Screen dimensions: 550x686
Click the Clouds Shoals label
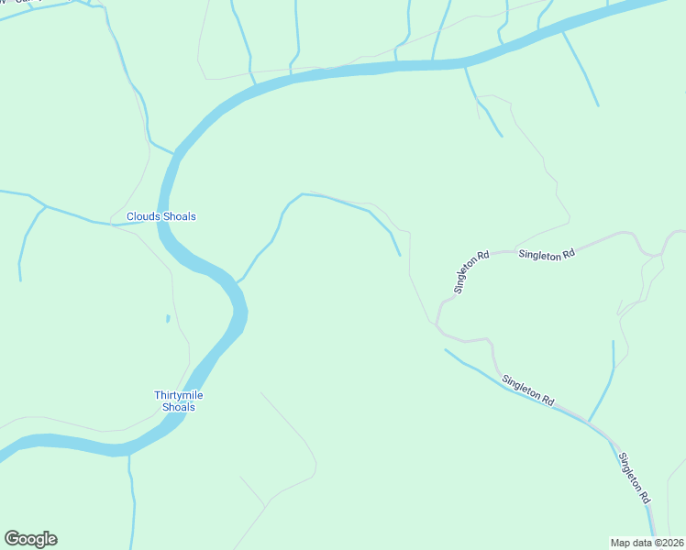coord(160,216)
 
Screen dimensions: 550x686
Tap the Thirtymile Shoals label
coord(178,401)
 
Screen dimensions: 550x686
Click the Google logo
coord(30,539)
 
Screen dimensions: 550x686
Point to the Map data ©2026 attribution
coord(647,542)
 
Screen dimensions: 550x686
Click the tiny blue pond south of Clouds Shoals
coord(167,318)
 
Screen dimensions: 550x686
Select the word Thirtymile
coord(178,395)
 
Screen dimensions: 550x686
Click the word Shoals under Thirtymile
coord(178,407)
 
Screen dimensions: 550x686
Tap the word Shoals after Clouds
coord(180,216)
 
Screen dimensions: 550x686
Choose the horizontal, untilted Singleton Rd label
coord(546,254)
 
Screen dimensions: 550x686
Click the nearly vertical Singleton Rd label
coord(634,478)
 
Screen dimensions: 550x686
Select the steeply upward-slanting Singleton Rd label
coord(467,271)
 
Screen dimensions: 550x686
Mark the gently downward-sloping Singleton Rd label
coord(528,389)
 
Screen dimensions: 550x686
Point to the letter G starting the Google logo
coord(11,539)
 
